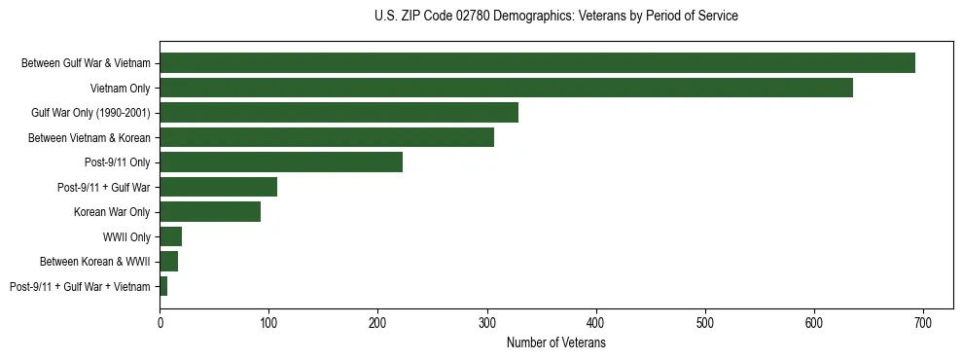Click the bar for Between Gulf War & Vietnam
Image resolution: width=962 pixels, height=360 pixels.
point(537,63)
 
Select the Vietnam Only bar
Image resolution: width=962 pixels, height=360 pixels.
point(506,88)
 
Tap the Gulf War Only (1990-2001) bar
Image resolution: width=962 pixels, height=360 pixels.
point(338,113)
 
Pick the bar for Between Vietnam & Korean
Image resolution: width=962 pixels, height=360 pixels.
point(327,137)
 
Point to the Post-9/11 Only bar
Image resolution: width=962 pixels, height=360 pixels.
point(281,162)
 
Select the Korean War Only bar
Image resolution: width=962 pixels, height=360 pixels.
point(210,212)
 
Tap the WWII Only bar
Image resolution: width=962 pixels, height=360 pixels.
point(171,236)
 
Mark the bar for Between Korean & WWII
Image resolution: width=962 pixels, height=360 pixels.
point(169,262)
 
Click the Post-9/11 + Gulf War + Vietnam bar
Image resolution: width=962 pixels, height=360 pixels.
point(163,286)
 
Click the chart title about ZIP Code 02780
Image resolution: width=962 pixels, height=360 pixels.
point(555,17)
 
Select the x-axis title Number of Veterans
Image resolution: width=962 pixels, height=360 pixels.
point(555,342)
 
